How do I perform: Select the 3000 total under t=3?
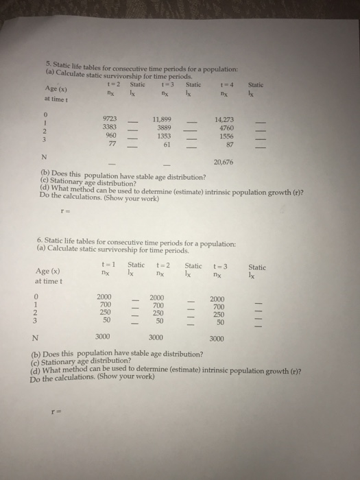(x=217, y=338)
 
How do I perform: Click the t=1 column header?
(x=106, y=267)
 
